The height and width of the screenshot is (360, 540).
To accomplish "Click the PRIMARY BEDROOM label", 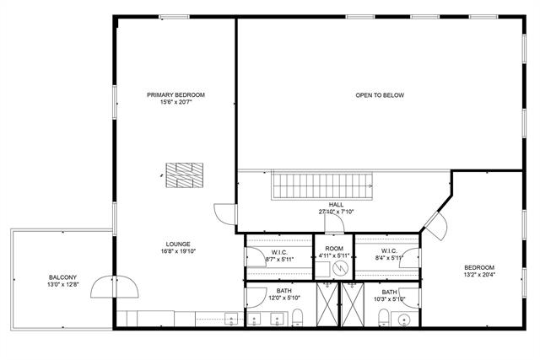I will tap(175, 94).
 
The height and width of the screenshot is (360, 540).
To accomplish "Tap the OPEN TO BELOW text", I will tap(379, 95).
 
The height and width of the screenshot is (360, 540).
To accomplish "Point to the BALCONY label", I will tap(62, 277).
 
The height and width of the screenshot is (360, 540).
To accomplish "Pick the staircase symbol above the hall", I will tap(321, 185).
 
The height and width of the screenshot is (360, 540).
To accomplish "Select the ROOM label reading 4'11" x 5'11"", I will tap(334, 250).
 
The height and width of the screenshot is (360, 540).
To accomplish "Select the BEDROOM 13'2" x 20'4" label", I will tap(479, 268).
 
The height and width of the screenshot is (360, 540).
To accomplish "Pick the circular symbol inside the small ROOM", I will tap(339, 269).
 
